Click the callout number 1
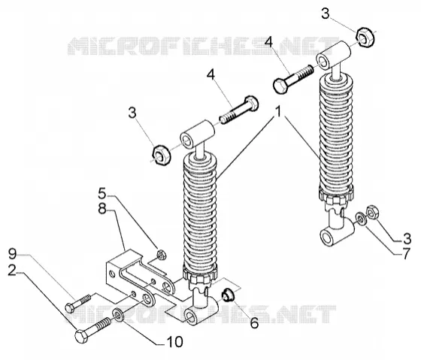pyautogui.click(x=279, y=112)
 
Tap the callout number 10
pyautogui.click(x=174, y=342)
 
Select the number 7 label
pyautogui.click(x=407, y=253)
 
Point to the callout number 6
pyautogui.click(x=254, y=322)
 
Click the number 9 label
pyautogui.click(x=12, y=253)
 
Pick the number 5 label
pyautogui.click(x=101, y=193)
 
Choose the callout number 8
pyautogui.click(x=102, y=209)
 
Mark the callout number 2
pyautogui.click(x=11, y=271)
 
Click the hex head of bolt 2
pyautogui.click(x=81, y=336)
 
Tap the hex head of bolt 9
pyautogui.click(x=69, y=307)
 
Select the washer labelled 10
pyautogui.click(x=119, y=315)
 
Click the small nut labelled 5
pyautogui.click(x=162, y=254)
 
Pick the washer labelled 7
pyautogui.click(x=362, y=219)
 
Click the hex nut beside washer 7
pyautogui.click(x=372, y=212)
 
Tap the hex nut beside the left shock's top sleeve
pyautogui.click(x=161, y=155)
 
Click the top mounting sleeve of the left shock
pyautogui.click(x=198, y=135)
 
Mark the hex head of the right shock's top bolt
pyautogui.click(x=280, y=86)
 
